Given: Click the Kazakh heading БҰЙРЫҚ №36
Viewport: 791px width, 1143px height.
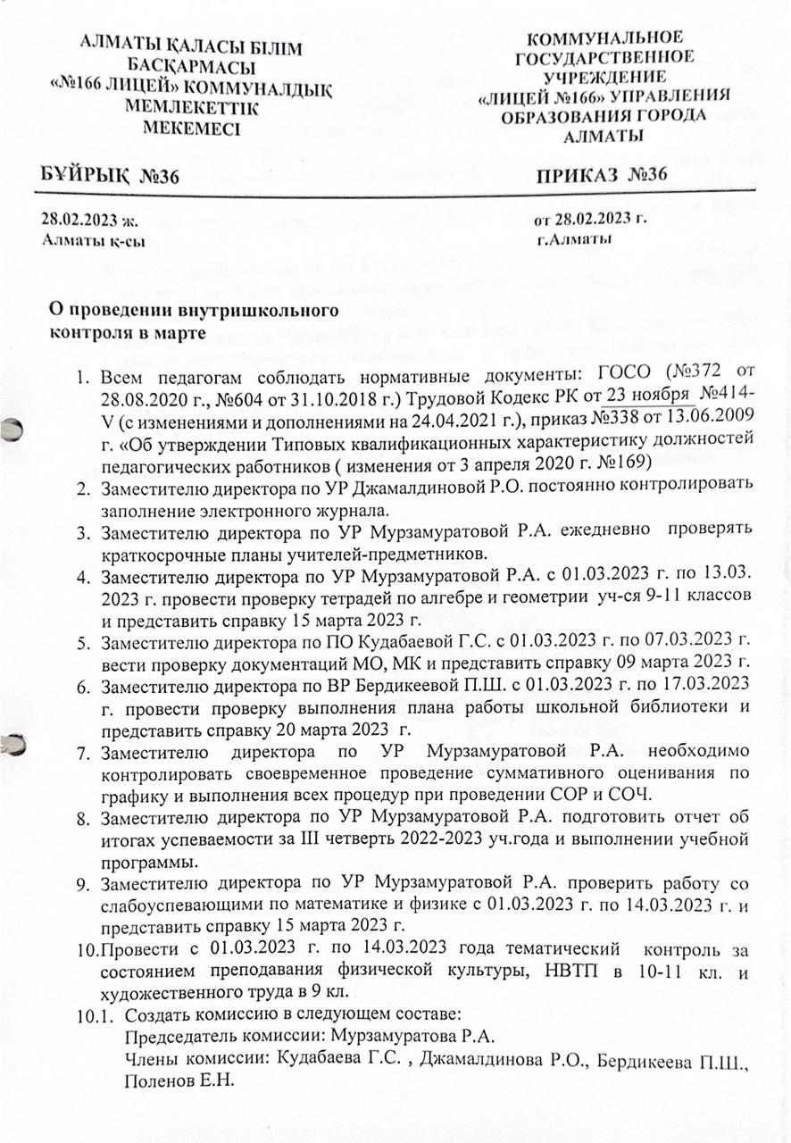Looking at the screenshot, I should [112, 175].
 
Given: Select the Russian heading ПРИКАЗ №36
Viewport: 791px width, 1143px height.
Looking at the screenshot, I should [601, 174].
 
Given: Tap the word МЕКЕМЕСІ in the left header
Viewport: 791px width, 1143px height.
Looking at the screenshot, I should [190, 128].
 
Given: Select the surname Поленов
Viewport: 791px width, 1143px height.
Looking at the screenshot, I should [157, 1080].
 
